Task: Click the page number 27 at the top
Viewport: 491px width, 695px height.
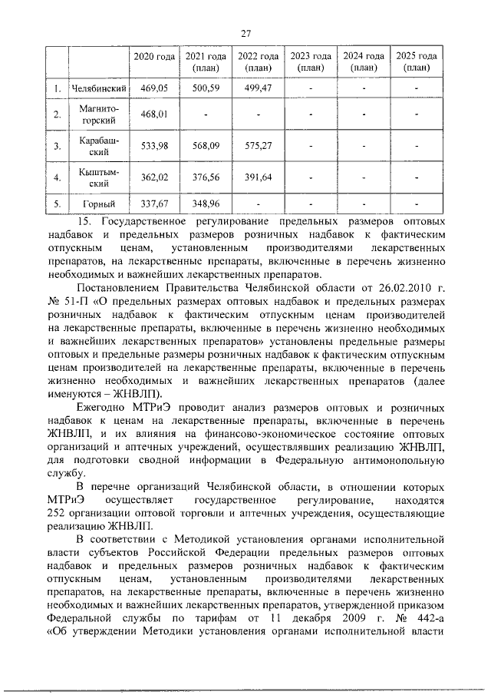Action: [246, 33]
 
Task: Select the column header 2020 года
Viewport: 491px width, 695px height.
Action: [154, 57]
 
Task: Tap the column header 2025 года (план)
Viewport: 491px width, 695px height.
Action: [417, 61]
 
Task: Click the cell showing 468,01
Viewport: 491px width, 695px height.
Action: [154, 115]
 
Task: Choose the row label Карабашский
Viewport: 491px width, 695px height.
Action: [97, 146]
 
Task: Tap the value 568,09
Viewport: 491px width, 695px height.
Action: [206, 146]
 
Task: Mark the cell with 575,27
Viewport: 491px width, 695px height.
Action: [258, 146]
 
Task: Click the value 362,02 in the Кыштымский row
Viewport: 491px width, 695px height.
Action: [154, 178]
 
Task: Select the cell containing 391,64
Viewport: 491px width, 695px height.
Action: [258, 178]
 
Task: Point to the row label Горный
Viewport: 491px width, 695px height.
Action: [97, 204]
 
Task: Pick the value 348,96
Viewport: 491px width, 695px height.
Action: [206, 204]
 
